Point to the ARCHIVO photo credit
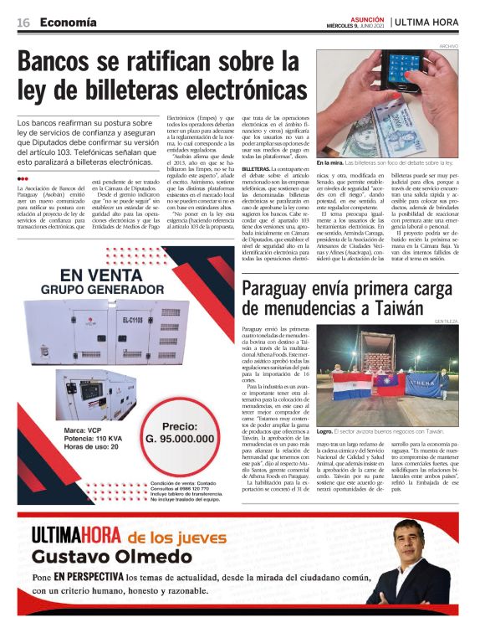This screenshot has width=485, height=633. click(449, 45)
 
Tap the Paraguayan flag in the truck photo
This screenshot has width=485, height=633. click(354, 386)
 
